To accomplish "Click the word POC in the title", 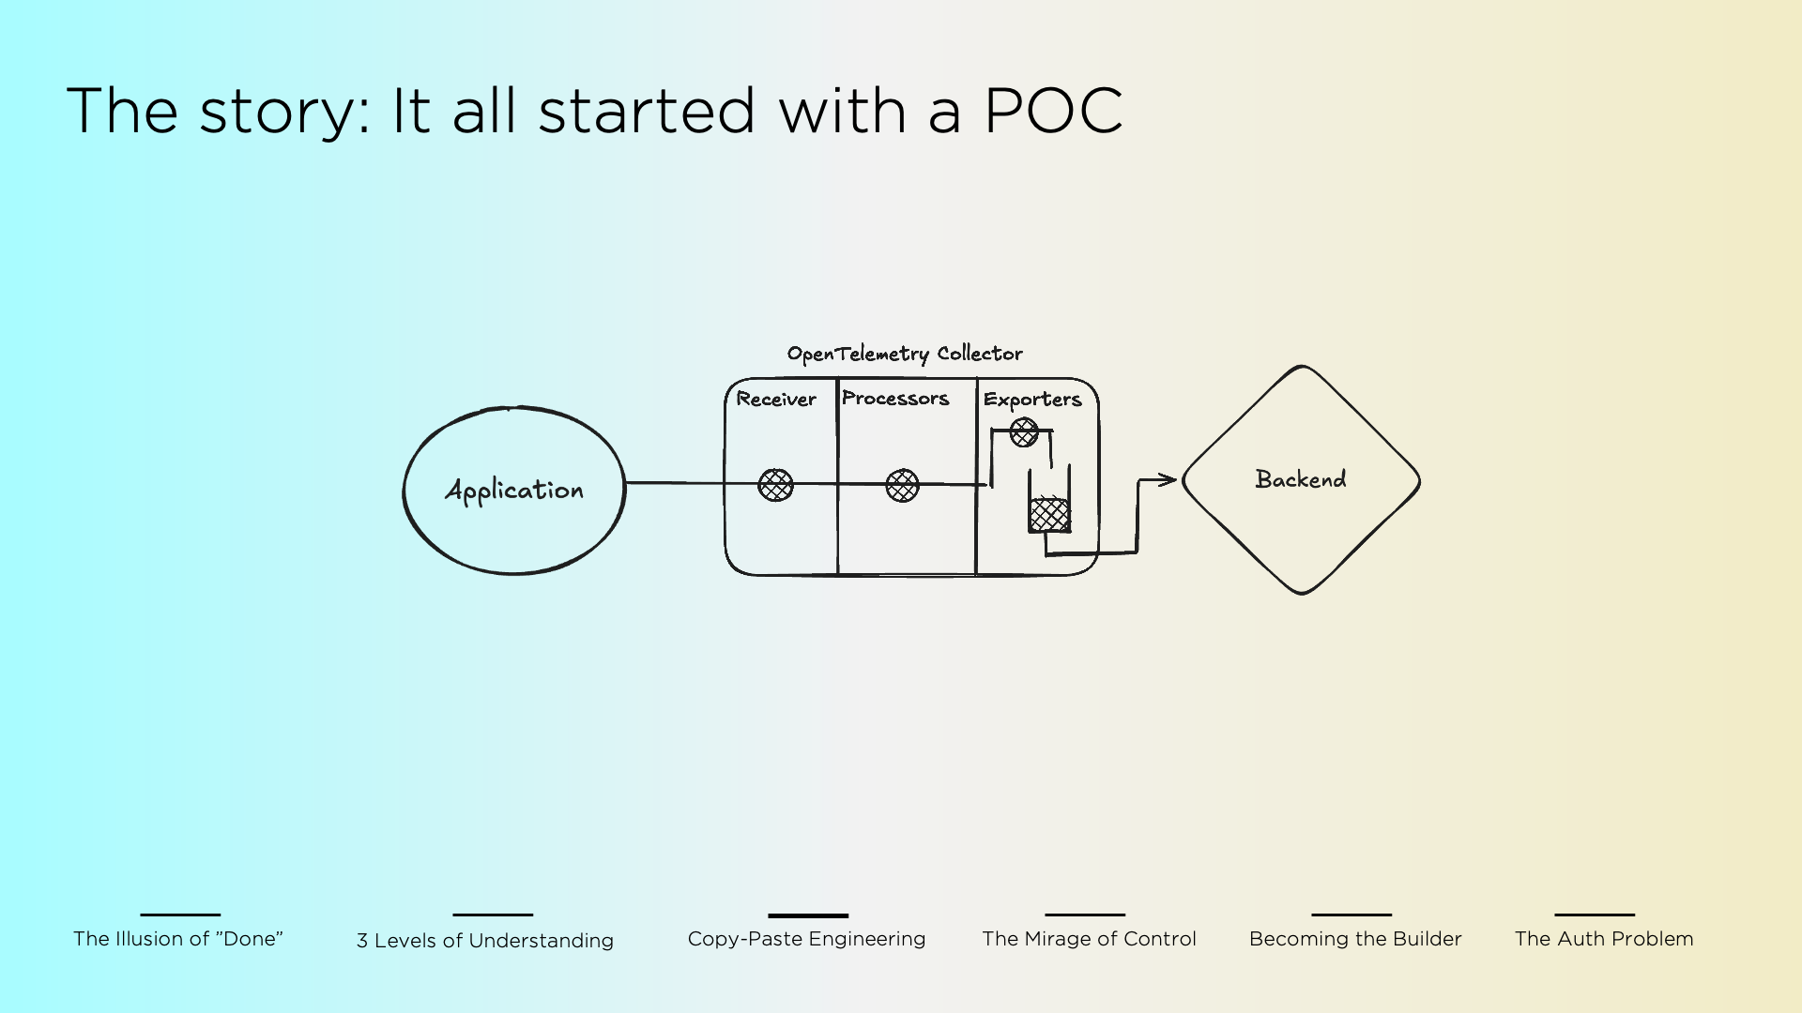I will point(1052,111).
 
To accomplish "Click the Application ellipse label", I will point(514,491).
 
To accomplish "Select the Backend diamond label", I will point(1301,479).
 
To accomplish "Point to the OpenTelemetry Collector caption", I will point(905,354).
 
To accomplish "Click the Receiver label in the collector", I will point(776,399).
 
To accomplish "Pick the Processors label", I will point(895,398).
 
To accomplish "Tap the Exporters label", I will point(1032,400).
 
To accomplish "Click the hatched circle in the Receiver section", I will point(775,485).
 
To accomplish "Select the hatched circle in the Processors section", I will point(902,485).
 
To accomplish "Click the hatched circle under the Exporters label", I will point(1024,432).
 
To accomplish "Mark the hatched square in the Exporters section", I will point(1049,515).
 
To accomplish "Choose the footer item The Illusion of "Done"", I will point(178,939).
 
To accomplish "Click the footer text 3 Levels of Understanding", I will point(485,941).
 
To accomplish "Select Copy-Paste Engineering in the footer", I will point(807,939).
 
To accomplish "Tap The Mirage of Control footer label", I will point(1089,939).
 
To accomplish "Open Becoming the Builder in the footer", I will point(1355,939).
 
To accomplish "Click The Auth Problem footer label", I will point(1604,939).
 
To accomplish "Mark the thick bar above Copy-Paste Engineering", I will point(808,915).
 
